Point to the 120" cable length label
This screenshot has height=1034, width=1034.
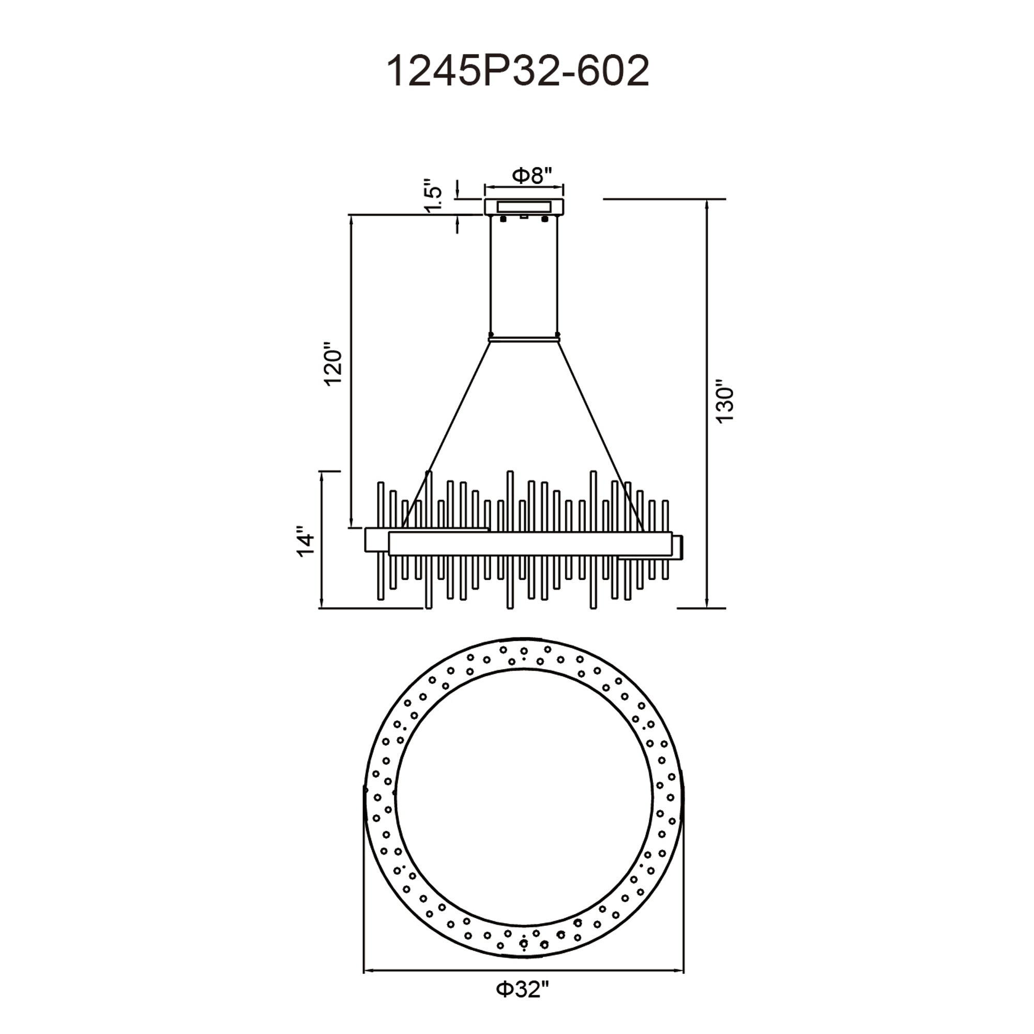point(333,363)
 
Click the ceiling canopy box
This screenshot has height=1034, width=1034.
point(524,207)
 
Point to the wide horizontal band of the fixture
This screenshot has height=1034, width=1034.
point(530,543)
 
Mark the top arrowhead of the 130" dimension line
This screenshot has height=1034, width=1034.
point(708,204)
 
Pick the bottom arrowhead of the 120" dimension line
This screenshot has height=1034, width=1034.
point(352,524)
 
